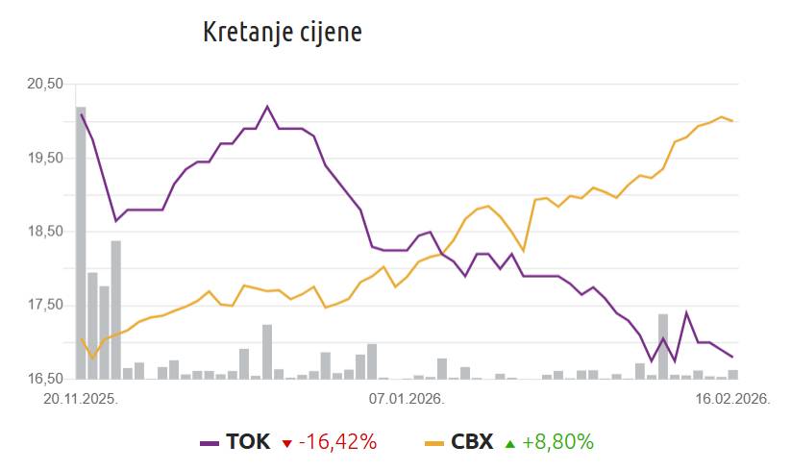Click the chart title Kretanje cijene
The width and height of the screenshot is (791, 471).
[x=282, y=32]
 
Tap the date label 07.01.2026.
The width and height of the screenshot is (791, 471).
[x=406, y=397]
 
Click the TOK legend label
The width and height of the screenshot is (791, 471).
[x=248, y=442]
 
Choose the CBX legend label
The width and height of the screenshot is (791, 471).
[x=472, y=442]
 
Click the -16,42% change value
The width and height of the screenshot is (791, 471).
[x=337, y=442]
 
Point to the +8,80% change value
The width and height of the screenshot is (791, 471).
[x=558, y=442]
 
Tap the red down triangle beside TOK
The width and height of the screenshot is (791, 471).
[x=286, y=443]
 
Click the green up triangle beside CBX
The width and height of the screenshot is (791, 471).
[x=510, y=443]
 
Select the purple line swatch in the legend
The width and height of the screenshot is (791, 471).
[x=210, y=443]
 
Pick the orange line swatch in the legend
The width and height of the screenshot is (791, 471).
[x=434, y=443]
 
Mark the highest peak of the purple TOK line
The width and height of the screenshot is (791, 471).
[x=267, y=107]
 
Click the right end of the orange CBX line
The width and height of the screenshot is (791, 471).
[x=733, y=121]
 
